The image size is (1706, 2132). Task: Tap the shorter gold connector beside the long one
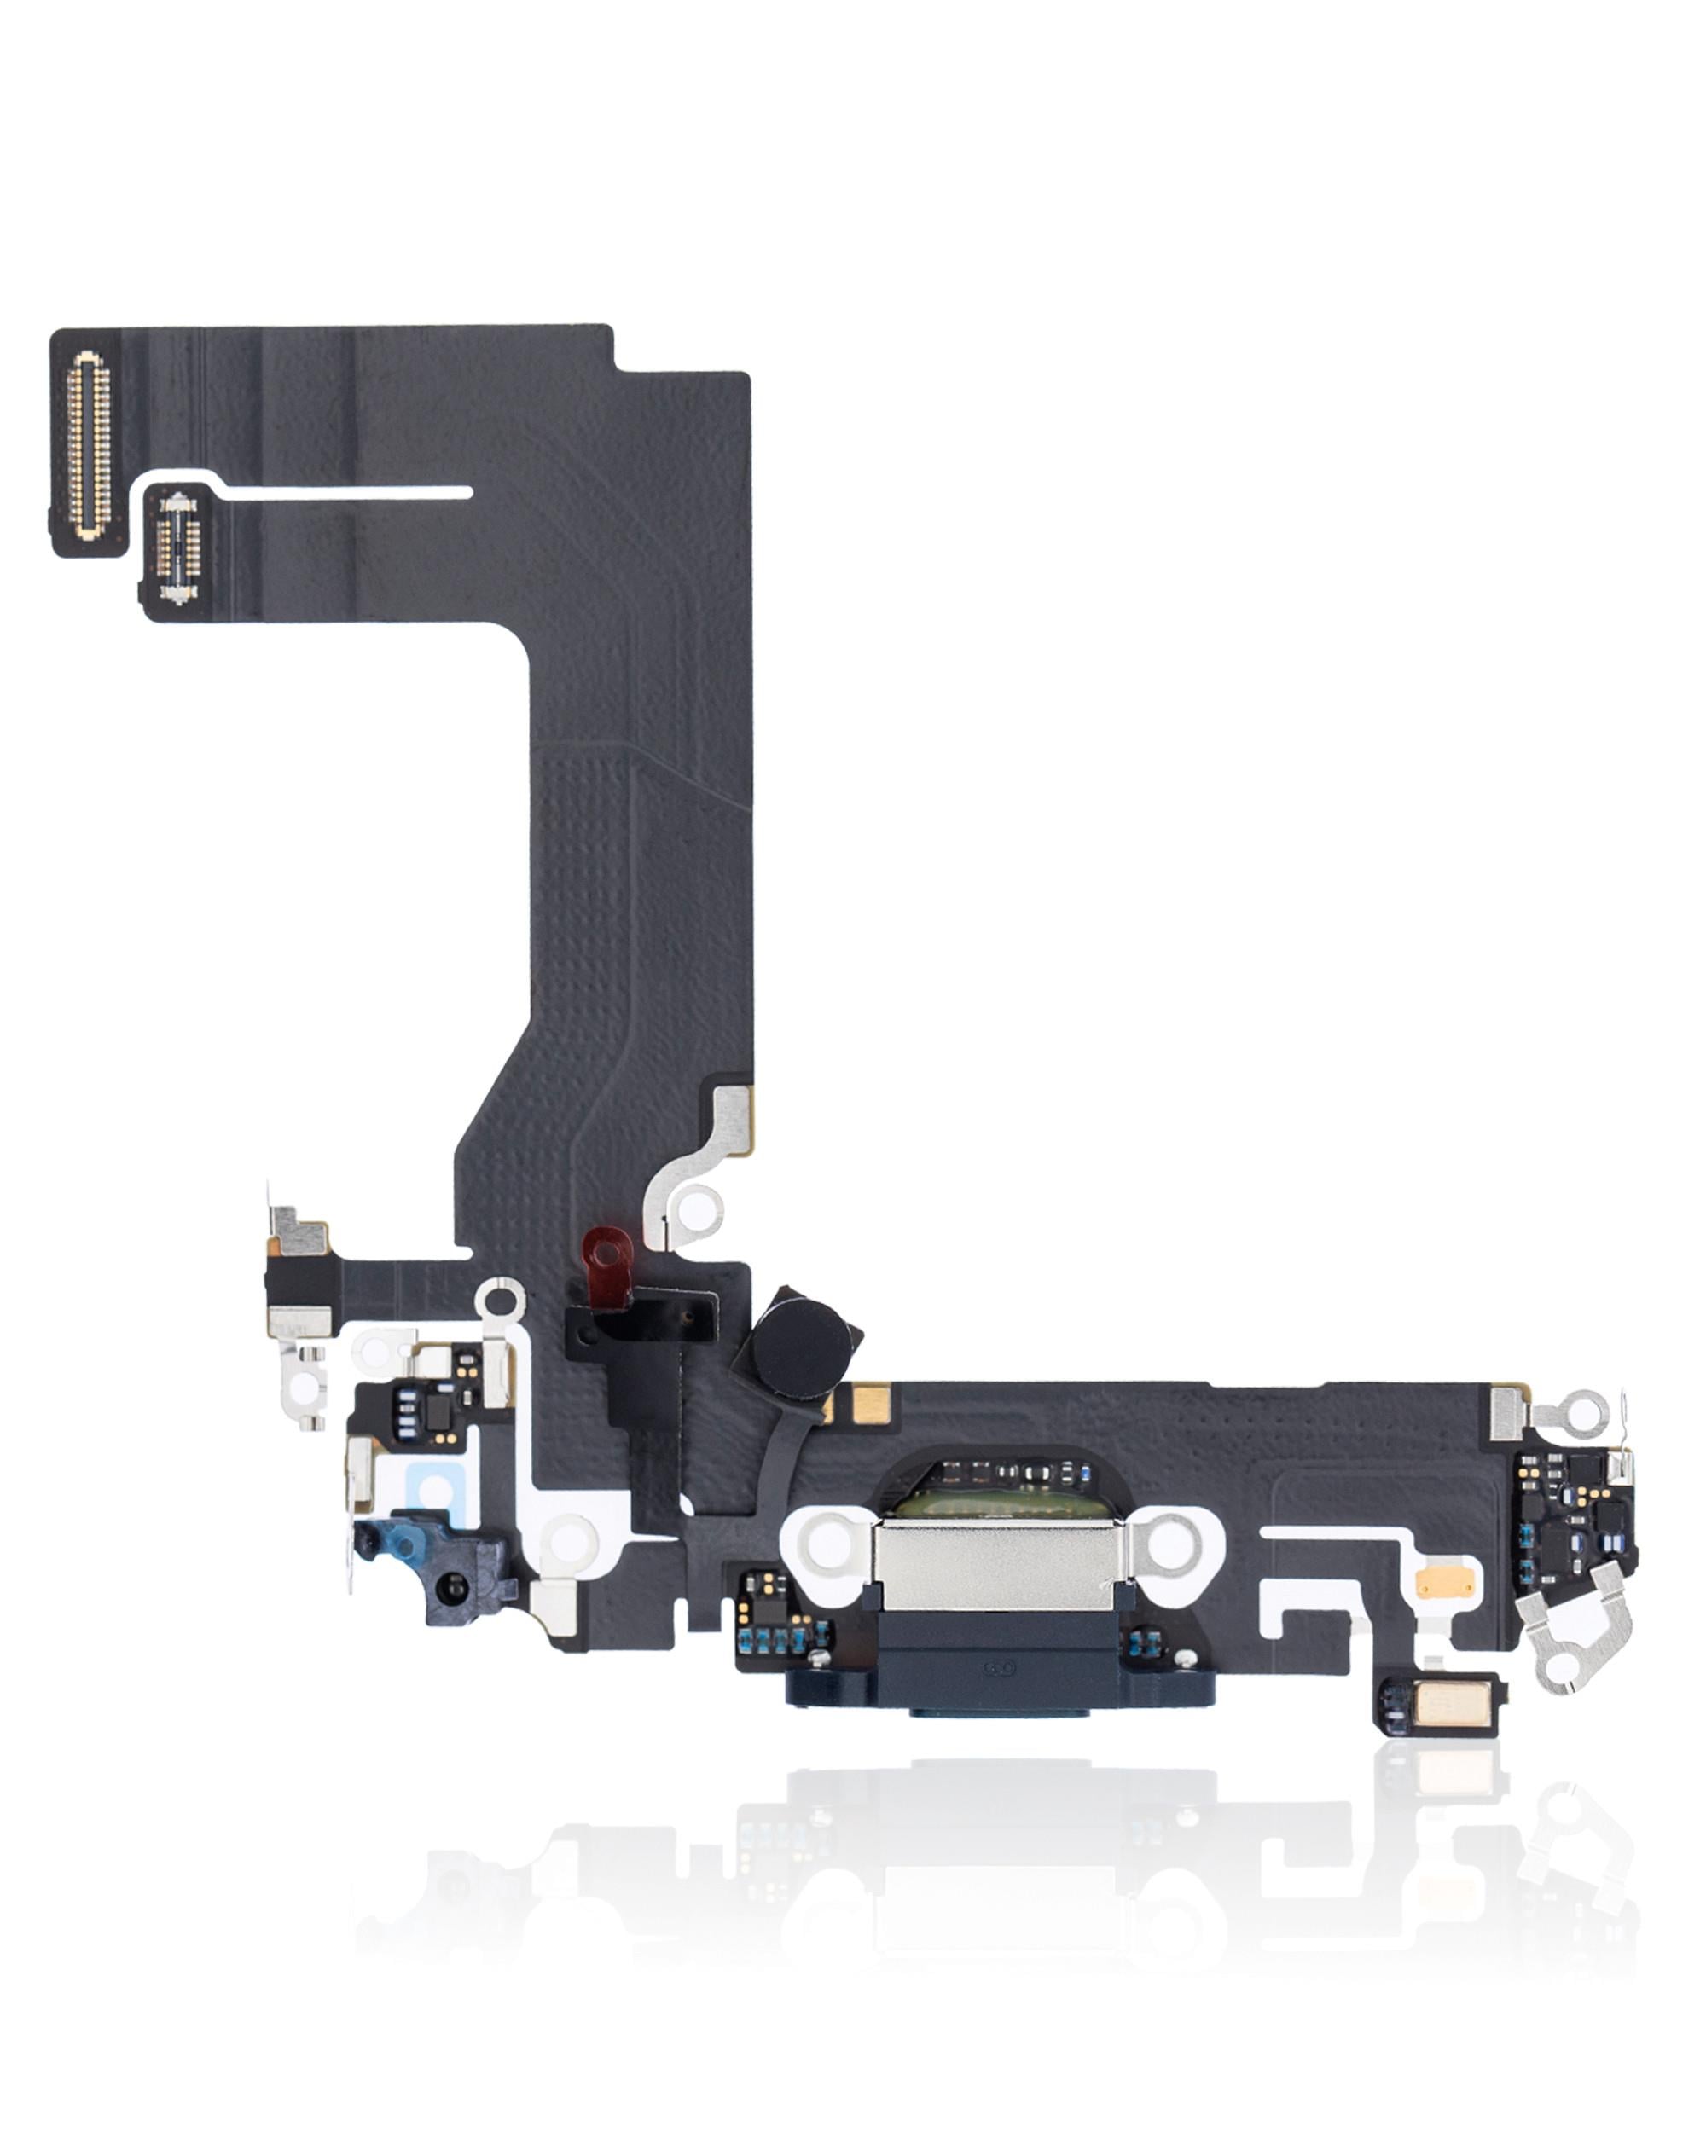(179, 550)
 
